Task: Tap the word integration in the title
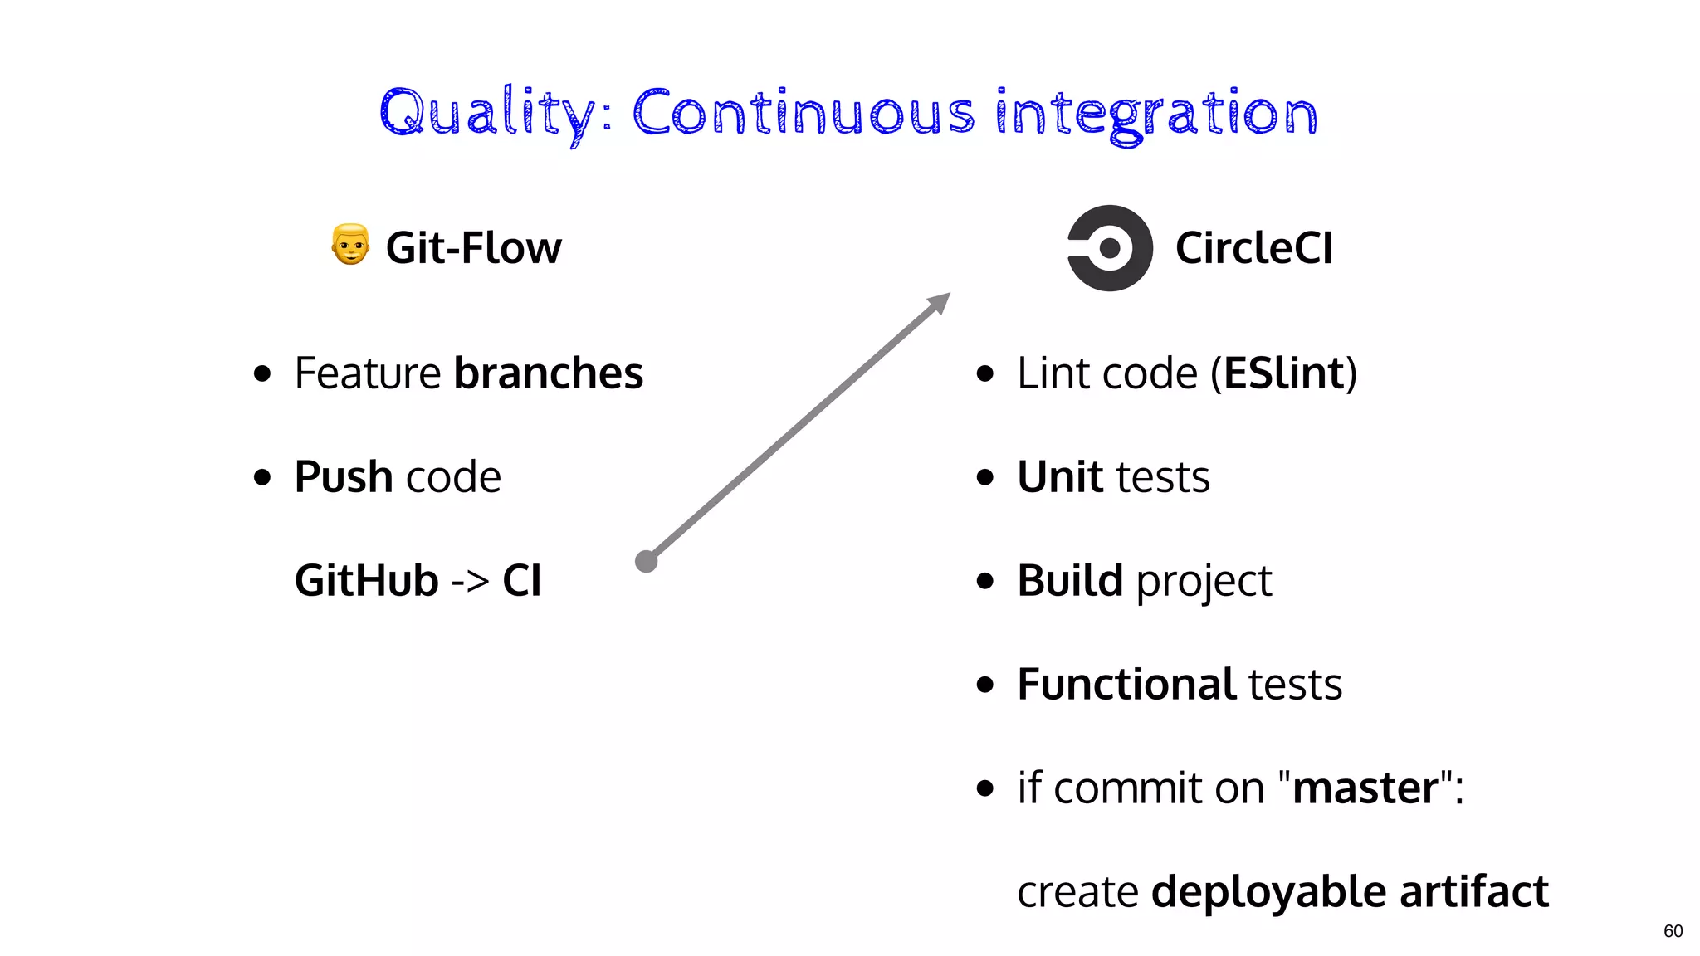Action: click(x=1155, y=114)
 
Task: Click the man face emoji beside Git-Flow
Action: click(x=350, y=245)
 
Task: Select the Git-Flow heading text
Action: click(x=473, y=248)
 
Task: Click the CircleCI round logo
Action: click(x=1110, y=248)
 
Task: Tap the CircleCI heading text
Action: click(x=1253, y=248)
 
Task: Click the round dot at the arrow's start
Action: click(x=646, y=562)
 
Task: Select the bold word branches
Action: click(x=548, y=373)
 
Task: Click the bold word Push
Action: click(x=344, y=477)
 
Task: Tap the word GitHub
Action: click(x=366, y=580)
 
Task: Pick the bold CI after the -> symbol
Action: click(x=522, y=580)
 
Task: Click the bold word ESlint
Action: click(x=1283, y=373)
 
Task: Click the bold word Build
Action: click(x=1070, y=580)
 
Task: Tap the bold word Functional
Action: click(x=1126, y=685)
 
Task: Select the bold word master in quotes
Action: click(x=1365, y=788)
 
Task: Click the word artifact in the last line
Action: click(x=1473, y=892)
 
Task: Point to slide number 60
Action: click(x=1673, y=931)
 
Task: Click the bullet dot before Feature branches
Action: click(x=262, y=374)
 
